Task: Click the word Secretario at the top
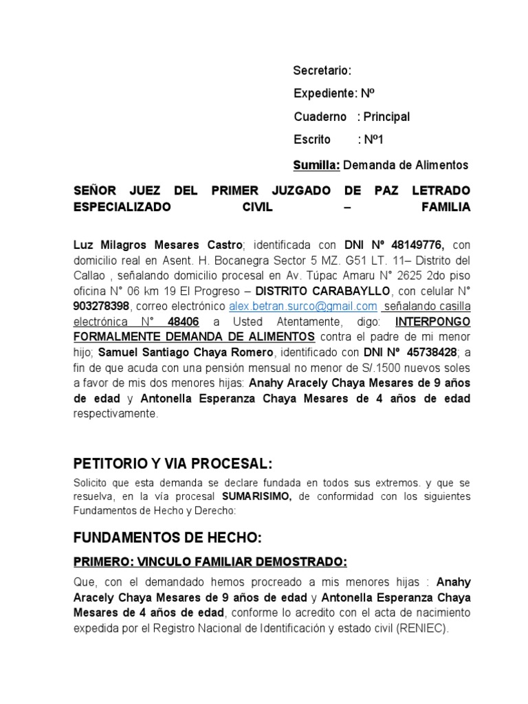321,71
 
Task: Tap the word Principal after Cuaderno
386,117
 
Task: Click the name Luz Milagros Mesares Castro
157,245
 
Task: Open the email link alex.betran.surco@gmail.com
302,306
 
